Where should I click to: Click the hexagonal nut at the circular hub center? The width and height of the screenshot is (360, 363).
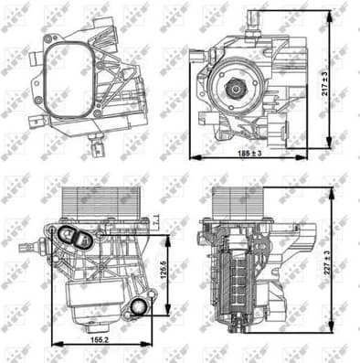234,90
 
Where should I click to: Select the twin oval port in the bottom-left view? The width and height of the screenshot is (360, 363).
73,240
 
